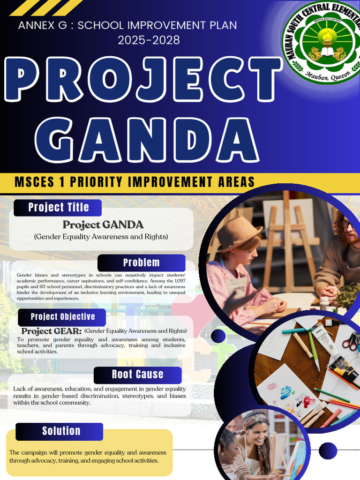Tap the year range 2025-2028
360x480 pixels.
point(149,40)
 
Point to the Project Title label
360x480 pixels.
point(58,207)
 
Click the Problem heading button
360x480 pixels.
point(141,262)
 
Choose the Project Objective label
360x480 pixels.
point(63,317)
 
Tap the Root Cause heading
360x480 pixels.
point(137,375)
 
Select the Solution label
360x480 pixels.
point(61,431)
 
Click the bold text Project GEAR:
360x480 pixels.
point(51,331)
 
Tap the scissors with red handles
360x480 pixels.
point(350,342)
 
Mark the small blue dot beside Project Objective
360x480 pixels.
point(218,335)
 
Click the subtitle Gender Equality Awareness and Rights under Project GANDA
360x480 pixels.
point(101,237)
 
